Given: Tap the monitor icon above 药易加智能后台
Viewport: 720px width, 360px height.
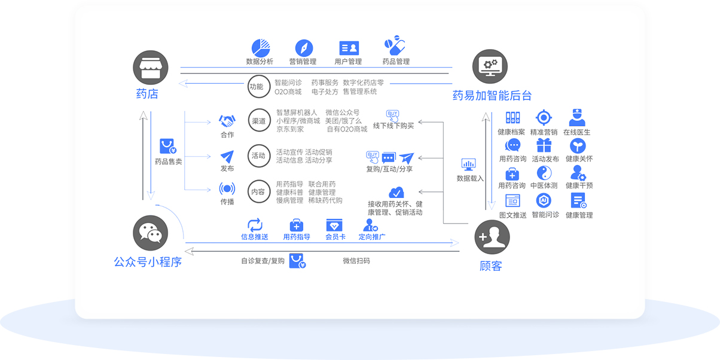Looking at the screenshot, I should [x=490, y=67].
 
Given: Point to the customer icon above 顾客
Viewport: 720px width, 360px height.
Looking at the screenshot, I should [x=492, y=238].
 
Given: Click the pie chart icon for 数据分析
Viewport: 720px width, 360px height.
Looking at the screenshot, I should [x=260, y=48].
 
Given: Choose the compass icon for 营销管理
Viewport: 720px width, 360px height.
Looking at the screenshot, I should [x=304, y=48].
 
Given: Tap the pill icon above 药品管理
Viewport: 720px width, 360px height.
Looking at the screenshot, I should [x=395, y=47].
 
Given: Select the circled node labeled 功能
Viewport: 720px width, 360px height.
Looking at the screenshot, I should [x=257, y=87].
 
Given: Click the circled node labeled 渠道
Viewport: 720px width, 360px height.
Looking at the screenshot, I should [x=258, y=121].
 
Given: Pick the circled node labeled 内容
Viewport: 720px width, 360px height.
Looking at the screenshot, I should [x=258, y=191].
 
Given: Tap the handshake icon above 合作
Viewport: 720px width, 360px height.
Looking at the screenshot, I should [x=227, y=121].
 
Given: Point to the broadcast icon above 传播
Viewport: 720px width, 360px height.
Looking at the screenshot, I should [x=227, y=189].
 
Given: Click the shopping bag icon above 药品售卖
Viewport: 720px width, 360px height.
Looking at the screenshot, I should [x=167, y=147].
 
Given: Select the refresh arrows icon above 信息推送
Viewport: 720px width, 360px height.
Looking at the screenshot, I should [x=255, y=225].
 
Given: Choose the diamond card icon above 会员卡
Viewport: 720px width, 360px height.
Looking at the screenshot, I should [x=334, y=225].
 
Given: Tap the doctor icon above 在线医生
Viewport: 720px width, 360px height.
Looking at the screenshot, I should [x=576, y=117].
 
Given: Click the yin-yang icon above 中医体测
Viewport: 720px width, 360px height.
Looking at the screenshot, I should [x=544, y=173].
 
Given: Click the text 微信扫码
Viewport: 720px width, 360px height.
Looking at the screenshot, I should [x=356, y=261].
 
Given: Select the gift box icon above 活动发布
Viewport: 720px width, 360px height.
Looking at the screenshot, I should [x=544, y=145].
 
